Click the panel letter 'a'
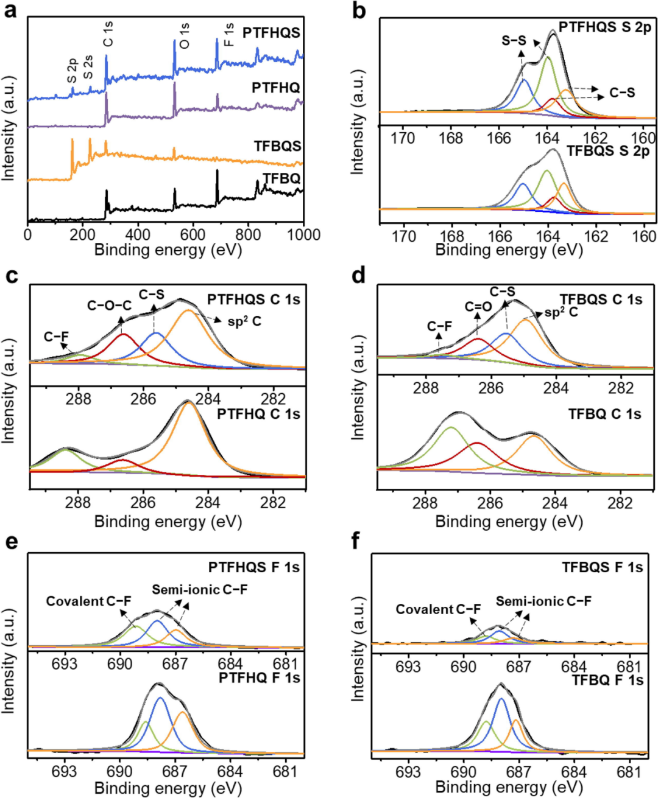tap(10, 10)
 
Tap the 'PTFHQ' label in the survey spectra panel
tap(275, 88)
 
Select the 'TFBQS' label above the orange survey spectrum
tap(277, 146)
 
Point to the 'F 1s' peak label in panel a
tap(228, 35)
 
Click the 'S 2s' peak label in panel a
tap(88, 67)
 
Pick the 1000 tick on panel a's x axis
tap(303, 235)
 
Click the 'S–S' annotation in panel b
tap(514, 41)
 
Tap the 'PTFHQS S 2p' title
tap(604, 27)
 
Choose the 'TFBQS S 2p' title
tap(608, 150)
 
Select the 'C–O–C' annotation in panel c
tap(109, 305)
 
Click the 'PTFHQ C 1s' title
tap(258, 414)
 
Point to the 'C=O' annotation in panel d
tap(478, 307)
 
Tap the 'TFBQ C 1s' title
tap(604, 414)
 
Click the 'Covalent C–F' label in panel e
tap(88, 601)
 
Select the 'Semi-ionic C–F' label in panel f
tap(543, 601)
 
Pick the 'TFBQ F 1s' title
tap(607, 680)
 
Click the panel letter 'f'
tap(356, 541)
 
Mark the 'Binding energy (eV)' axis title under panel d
tap(509, 522)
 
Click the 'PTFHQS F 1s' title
tap(254, 567)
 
